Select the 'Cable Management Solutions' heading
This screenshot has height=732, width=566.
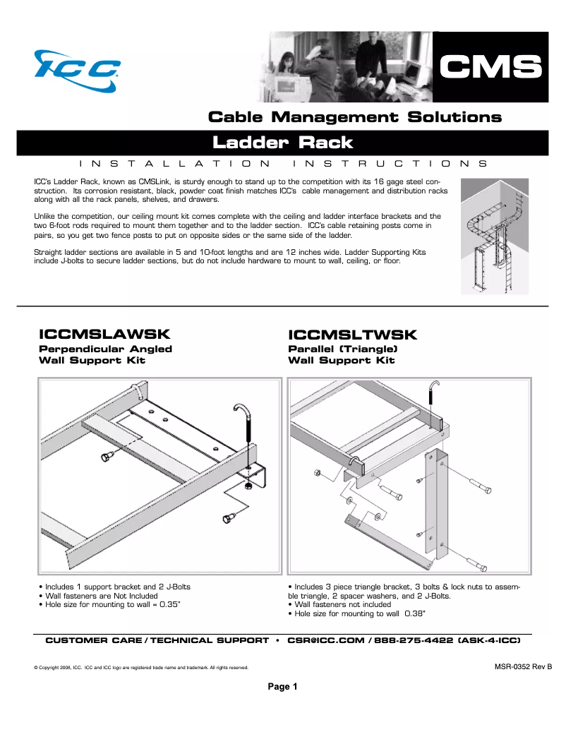[354, 117]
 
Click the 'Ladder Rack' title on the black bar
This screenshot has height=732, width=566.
[282, 143]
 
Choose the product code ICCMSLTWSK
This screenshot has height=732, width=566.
[353, 334]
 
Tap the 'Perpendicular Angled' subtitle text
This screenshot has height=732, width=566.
[105, 349]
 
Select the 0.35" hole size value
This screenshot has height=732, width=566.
[170, 604]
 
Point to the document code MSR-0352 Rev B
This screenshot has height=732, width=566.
[522, 666]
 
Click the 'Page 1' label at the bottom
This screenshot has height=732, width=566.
[282, 686]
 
